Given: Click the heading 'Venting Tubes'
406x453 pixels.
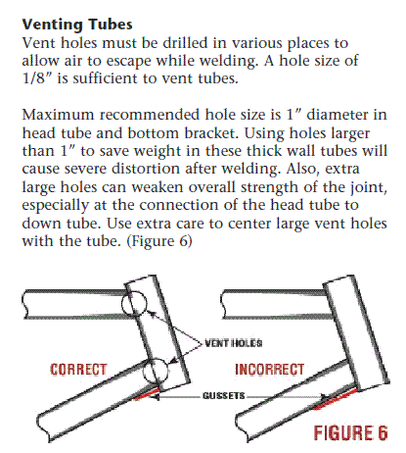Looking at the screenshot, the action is point(77,25).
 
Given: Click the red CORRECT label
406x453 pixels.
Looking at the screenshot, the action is point(78,370).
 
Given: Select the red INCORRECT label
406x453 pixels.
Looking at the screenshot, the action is point(270,370).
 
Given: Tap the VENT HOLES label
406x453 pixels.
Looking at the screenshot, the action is point(234,343).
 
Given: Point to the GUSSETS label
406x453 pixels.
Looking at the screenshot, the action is point(224,396).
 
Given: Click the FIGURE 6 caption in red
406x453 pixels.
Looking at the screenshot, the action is point(351,432).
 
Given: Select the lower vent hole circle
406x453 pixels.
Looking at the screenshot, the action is point(144,371).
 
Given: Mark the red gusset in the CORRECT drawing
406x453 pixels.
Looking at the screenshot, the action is point(146,394).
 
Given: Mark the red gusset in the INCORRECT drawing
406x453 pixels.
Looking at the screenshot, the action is point(335,399).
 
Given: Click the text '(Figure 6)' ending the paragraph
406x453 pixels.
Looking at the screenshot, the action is point(159,241).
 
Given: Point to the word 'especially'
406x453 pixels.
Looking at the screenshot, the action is point(55,206).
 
